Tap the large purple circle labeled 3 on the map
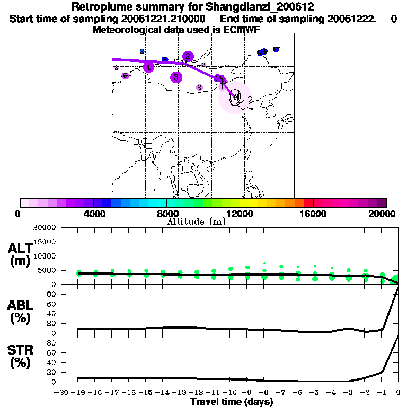pos(176,77)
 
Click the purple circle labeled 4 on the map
pos(148,67)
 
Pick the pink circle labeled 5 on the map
pos(125,76)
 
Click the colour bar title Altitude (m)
pos(196,222)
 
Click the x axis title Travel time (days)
pos(232,402)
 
